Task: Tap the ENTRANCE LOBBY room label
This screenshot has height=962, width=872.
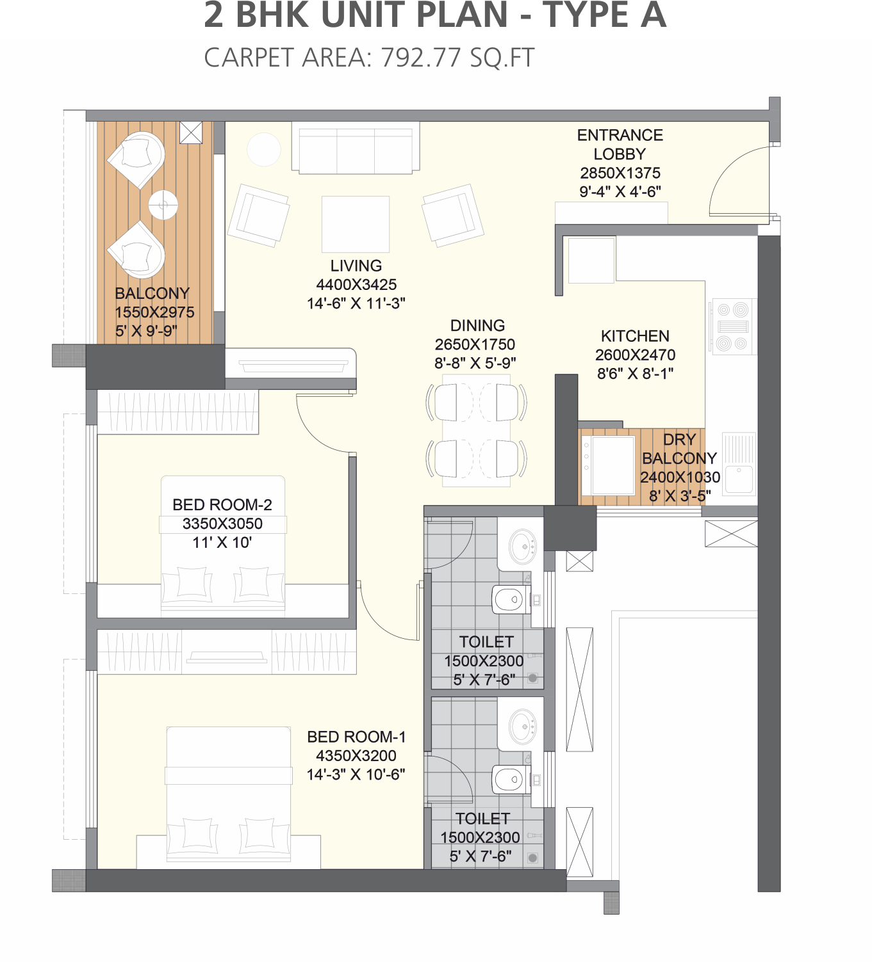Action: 620,145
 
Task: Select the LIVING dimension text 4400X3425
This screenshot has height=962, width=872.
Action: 356,284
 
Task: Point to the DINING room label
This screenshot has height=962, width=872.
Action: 477,325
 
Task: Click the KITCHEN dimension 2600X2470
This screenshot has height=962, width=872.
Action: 635,355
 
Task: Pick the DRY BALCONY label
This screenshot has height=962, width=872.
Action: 679,449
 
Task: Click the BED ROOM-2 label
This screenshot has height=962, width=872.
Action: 222,504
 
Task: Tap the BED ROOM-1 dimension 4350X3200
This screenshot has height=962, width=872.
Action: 356,755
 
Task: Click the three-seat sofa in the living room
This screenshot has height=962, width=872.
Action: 356,148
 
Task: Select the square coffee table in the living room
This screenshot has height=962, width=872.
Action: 356,224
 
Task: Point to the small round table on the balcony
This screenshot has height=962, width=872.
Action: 163,205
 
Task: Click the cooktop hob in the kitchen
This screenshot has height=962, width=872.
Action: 733,326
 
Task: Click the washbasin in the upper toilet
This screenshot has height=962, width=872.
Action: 522,546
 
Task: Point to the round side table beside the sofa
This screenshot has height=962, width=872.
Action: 263,149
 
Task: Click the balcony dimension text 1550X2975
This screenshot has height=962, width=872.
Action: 154,312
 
